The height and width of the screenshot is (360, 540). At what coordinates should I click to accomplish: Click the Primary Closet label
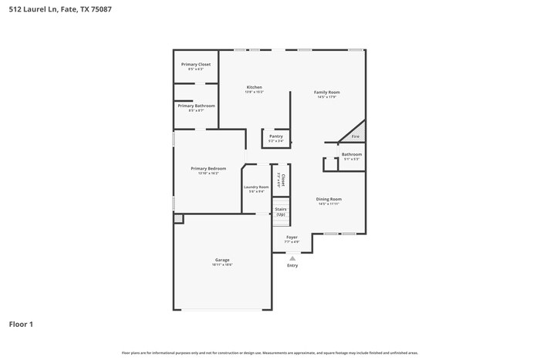196,64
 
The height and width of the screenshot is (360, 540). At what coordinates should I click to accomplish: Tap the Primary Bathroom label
196,106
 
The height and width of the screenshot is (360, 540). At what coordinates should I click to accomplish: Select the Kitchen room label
255,87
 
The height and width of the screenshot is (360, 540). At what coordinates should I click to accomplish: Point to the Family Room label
327,92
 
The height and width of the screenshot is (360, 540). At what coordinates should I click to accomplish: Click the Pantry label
275,136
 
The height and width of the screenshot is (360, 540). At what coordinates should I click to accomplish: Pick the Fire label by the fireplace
355,136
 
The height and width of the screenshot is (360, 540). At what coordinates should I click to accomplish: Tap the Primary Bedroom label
208,168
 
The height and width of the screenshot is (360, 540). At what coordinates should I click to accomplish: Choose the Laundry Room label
256,187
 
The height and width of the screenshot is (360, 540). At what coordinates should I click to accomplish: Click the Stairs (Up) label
281,211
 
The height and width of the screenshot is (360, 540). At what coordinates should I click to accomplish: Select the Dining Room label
329,199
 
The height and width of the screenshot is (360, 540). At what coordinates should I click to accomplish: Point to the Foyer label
292,237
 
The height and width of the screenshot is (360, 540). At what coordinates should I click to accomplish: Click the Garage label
222,260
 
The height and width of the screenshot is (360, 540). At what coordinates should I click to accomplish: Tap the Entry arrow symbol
292,257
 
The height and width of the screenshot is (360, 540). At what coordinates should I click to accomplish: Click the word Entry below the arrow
292,265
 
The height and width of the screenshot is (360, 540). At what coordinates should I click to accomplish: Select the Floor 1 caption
21,325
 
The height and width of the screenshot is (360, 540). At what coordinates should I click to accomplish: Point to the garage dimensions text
222,265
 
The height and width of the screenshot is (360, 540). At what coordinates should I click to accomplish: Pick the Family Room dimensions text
327,97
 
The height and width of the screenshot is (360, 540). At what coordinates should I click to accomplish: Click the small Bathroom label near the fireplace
352,154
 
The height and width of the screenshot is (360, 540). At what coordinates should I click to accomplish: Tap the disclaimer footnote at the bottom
270,353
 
